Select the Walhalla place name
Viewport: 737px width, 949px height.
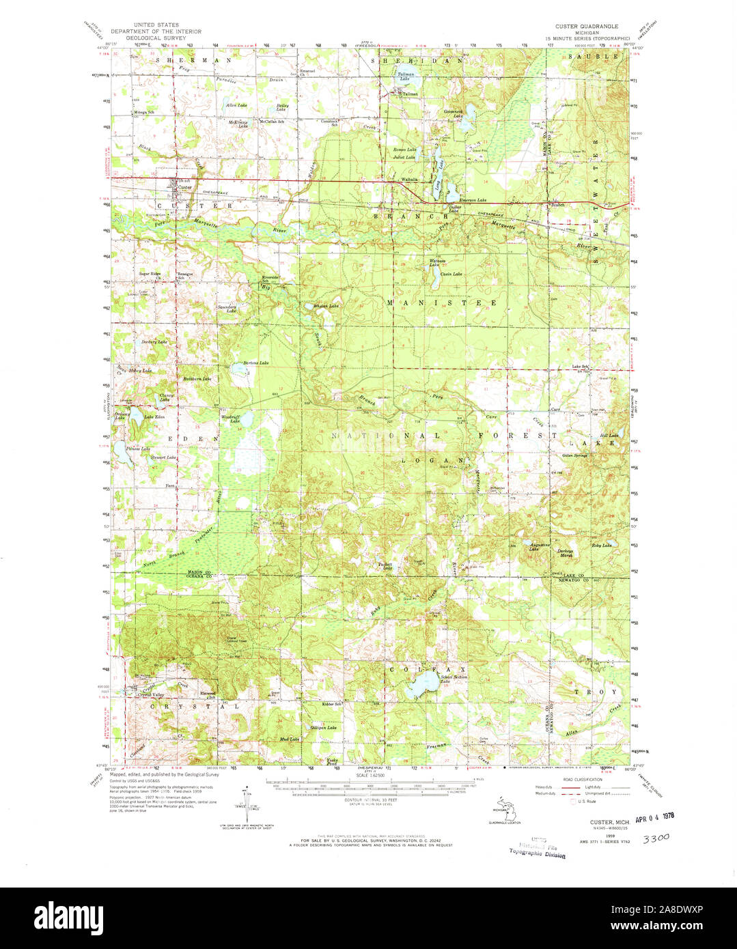pos(409,180)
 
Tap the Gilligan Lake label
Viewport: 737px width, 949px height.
pos(322,728)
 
